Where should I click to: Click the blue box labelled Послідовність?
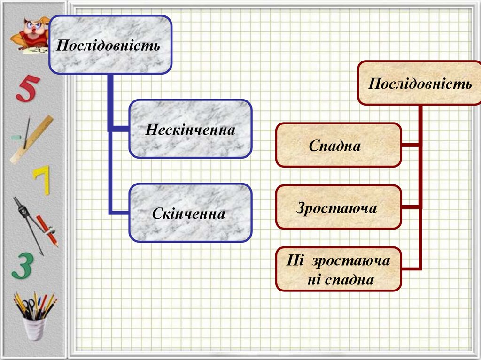(110, 45)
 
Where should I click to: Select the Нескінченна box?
(190, 129)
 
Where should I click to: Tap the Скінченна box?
(190, 213)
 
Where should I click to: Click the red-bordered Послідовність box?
(419, 83)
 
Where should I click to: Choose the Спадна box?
(338, 145)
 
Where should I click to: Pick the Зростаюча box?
(338, 207)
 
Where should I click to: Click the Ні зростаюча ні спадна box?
(338, 269)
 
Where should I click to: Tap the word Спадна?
(334, 146)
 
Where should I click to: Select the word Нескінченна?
(190, 129)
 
